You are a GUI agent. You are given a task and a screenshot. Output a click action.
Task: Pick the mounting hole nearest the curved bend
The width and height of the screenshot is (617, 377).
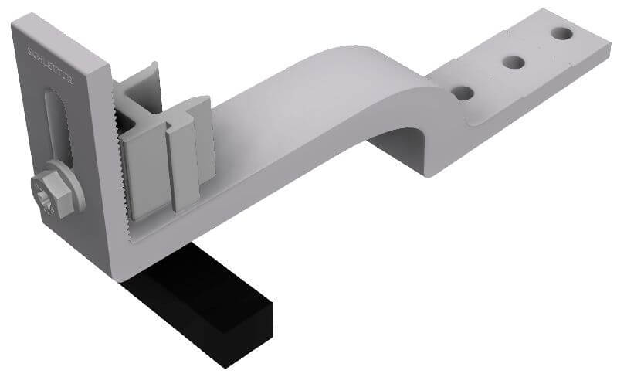[x=463, y=93]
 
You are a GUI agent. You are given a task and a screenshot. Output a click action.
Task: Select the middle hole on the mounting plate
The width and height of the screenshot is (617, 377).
[x=512, y=62]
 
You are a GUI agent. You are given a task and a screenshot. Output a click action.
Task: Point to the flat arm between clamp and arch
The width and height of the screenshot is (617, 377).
[x=270, y=147]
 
